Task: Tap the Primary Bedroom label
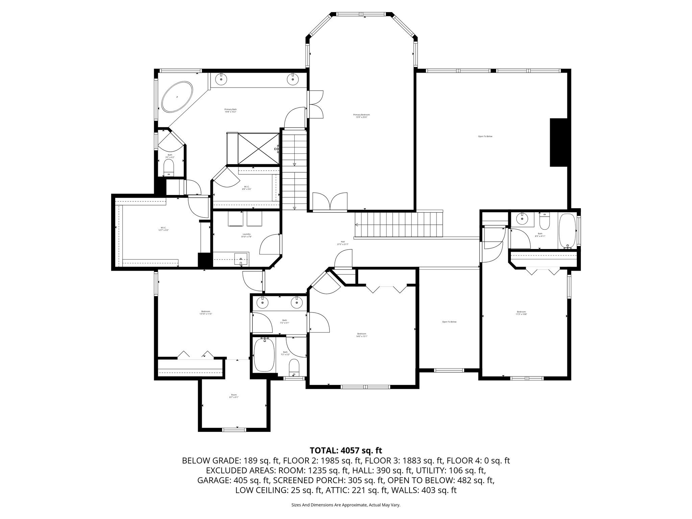pyautogui.click(x=361, y=116)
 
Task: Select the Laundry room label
pyautogui.click(x=247, y=235)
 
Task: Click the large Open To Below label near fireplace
pyautogui.click(x=485, y=137)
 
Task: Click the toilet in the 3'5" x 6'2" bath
pyautogui.click(x=169, y=167)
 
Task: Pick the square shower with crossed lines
pyautogui.click(x=258, y=149)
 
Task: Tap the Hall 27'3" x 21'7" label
pyautogui.click(x=343, y=243)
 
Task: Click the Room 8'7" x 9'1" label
pyautogui.click(x=234, y=396)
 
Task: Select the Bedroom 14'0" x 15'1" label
pyautogui.click(x=362, y=335)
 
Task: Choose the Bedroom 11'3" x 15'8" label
pyautogui.click(x=521, y=313)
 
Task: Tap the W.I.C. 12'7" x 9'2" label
pyautogui.click(x=164, y=229)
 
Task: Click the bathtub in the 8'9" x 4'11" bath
pyautogui.click(x=568, y=231)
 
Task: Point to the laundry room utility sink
pyautogui.click(x=241, y=259)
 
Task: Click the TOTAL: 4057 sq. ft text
pyautogui.click(x=346, y=450)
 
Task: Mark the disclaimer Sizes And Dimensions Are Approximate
pyautogui.click(x=346, y=505)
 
